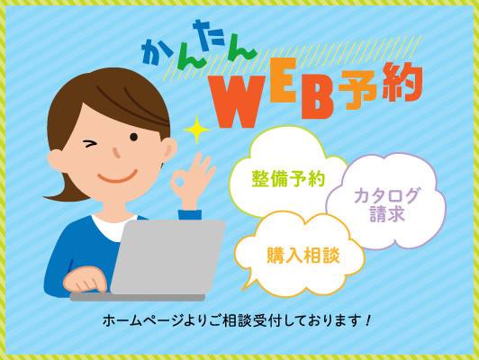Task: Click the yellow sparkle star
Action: [x=196, y=130]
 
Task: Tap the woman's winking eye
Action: [x=90, y=143]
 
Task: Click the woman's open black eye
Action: [x=134, y=137]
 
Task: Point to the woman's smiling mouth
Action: [x=117, y=176]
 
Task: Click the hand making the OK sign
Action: [x=192, y=180]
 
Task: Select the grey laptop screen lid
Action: [x=168, y=257]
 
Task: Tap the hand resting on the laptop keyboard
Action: [x=85, y=279]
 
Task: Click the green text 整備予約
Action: [x=288, y=178]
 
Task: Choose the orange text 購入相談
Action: [x=303, y=255]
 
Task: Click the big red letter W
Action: [x=236, y=102]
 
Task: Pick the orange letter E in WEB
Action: [x=284, y=80]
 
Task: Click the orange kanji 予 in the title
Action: [x=357, y=90]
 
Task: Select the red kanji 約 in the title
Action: [x=402, y=82]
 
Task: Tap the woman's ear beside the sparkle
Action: [x=168, y=149]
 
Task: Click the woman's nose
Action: [x=116, y=153]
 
